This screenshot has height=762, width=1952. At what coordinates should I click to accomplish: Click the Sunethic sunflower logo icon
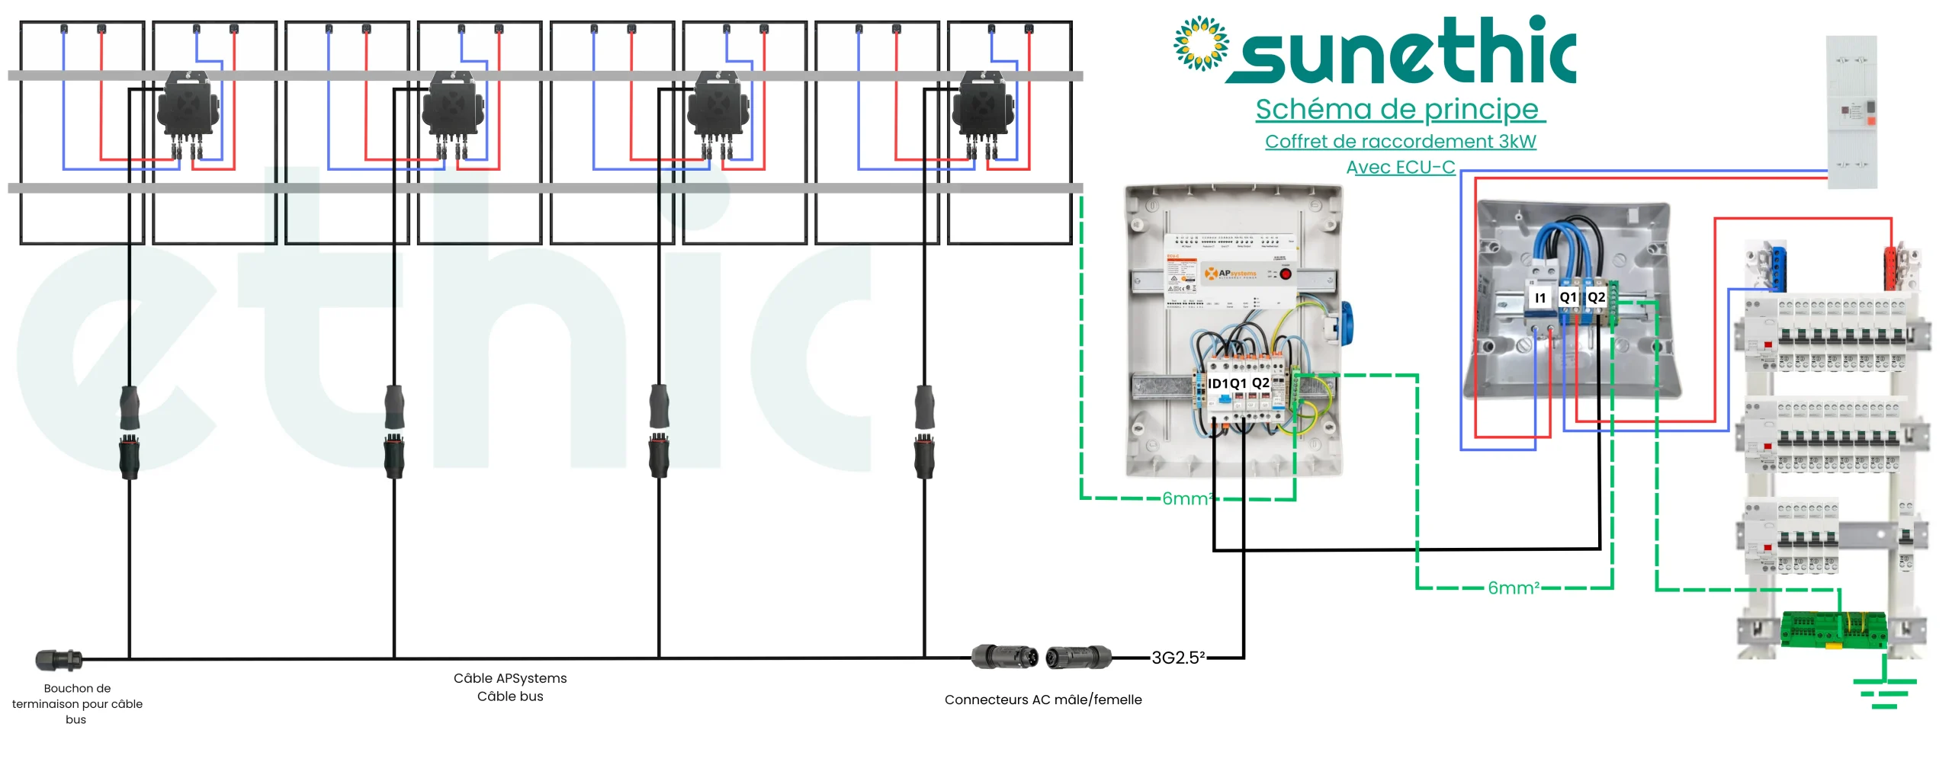(x=1201, y=43)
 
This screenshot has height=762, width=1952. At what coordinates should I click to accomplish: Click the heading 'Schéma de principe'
(x=1399, y=110)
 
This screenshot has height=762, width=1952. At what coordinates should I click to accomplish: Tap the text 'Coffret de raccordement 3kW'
(x=1400, y=142)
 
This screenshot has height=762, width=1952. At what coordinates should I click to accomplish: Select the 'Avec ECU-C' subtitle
(x=1400, y=168)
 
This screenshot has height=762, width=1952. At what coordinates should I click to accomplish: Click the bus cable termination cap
(x=58, y=660)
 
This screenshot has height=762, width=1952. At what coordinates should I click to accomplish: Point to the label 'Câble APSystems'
(x=510, y=678)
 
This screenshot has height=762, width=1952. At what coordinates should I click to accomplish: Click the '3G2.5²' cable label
(x=1178, y=658)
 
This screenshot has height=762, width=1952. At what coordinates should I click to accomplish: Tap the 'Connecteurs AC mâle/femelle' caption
(x=1042, y=700)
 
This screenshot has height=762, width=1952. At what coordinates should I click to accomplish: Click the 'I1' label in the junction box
(x=1539, y=298)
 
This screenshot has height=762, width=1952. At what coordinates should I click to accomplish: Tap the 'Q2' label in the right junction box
(x=1596, y=297)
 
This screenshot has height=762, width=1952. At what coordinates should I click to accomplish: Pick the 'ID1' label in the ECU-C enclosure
(x=1218, y=383)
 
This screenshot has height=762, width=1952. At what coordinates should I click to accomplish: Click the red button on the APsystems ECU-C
(x=1286, y=274)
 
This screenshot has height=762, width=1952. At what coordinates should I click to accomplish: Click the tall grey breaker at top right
(x=1851, y=112)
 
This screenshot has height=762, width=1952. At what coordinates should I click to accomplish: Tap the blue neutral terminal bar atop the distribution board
(x=1778, y=267)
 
